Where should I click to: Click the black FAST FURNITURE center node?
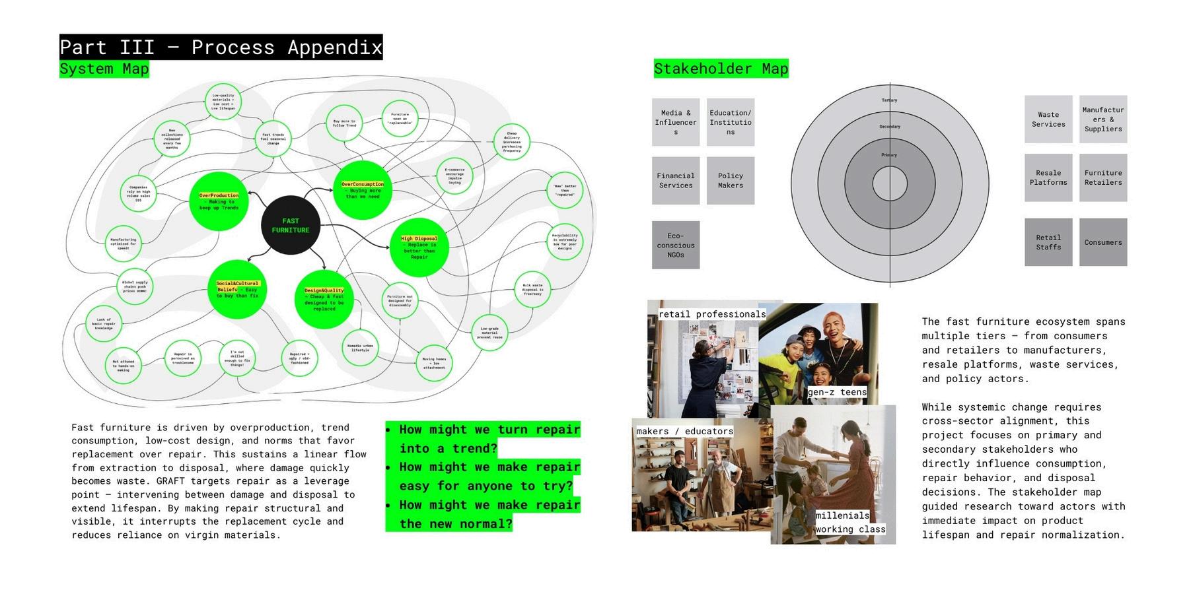(x=291, y=226)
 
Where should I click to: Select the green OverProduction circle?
(x=218, y=201)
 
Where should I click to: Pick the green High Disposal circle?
(x=419, y=247)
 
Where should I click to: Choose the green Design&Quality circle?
(x=324, y=299)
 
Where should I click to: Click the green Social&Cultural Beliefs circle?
(x=237, y=289)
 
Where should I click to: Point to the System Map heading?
(x=104, y=69)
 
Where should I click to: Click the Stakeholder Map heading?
(x=721, y=69)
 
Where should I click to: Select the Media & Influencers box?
(x=676, y=122)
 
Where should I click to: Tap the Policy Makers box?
(x=731, y=180)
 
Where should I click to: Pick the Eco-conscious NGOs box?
(x=676, y=245)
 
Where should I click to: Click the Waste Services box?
(x=1048, y=119)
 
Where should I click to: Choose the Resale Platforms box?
(x=1048, y=178)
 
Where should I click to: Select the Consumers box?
(x=1103, y=242)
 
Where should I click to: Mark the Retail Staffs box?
(x=1048, y=242)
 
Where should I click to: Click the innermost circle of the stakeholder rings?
(x=890, y=183)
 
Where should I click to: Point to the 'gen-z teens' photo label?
(x=837, y=392)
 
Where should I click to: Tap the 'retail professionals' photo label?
(x=712, y=314)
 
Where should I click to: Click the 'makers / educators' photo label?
(x=685, y=431)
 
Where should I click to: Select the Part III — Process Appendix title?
(x=221, y=48)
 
